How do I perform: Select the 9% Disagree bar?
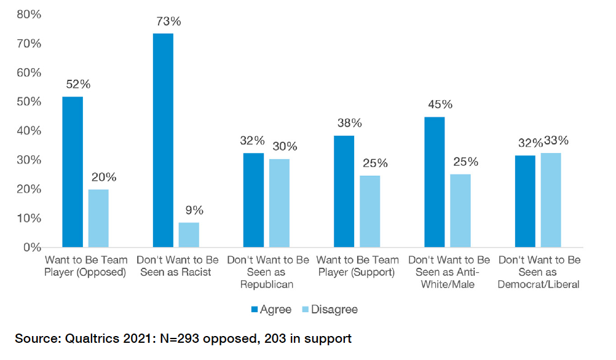click(189, 235)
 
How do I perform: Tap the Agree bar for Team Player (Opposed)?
click(73, 172)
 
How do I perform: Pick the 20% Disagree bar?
click(98, 218)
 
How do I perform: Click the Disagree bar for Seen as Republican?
click(279, 203)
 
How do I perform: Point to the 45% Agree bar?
click(435, 182)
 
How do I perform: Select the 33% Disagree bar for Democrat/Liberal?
click(551, 200)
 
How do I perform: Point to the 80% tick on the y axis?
click(28, 14)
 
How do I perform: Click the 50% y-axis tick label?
click(28, 102)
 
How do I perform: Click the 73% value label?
click(168, 22)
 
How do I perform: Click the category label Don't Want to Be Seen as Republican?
click(267, 272)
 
